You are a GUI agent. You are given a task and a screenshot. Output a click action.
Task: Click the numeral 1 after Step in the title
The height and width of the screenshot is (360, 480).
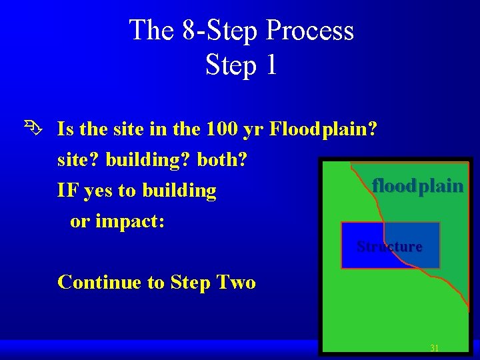[270, 65]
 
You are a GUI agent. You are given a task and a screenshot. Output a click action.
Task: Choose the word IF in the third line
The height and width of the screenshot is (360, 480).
[67, 191]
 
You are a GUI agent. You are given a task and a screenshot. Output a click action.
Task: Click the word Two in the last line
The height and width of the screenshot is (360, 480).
[238, 282]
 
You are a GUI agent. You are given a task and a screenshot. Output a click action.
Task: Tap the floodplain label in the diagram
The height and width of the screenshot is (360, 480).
[417, 185]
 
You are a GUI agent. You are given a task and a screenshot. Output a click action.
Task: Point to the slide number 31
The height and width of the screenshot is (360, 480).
[434, 348]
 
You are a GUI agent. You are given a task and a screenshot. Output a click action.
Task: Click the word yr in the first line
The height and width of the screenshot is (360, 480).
[253, 129]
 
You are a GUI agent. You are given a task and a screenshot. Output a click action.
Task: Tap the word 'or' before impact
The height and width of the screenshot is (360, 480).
[79, 222]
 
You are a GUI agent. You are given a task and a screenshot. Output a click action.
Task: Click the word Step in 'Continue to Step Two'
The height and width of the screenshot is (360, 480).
[191, 283]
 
